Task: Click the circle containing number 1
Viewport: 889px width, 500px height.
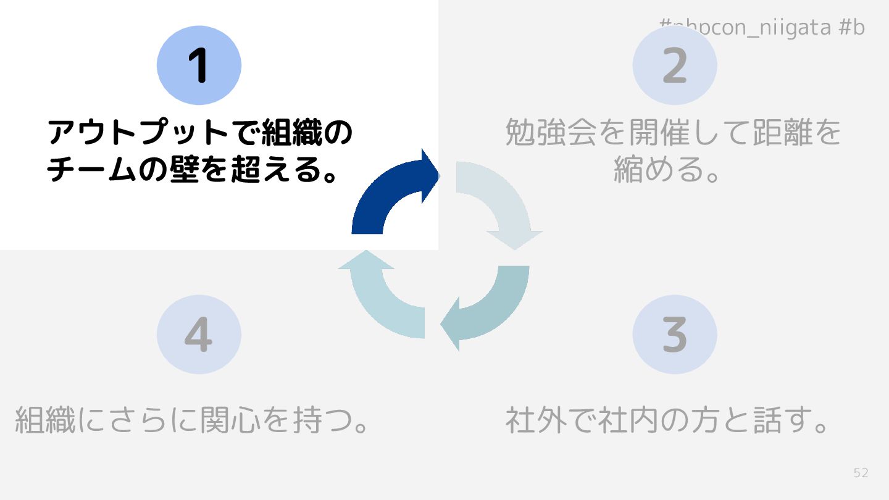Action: [x=199, y=65]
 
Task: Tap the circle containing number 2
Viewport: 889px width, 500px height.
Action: [x=675, y=65]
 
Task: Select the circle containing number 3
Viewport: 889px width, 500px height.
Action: [x=675, y=334]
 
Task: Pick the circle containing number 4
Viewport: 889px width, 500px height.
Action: [x=199, y=334]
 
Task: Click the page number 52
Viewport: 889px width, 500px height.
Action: [x=861, y=473]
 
